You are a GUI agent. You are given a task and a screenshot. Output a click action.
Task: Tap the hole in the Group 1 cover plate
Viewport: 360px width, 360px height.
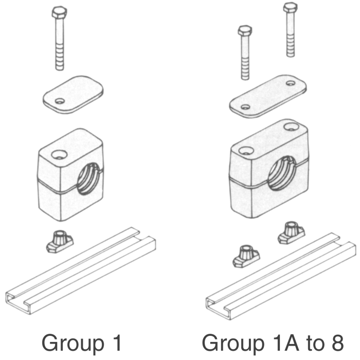(61, 101)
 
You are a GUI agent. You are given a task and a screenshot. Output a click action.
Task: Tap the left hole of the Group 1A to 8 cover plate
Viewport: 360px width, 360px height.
(246, 107)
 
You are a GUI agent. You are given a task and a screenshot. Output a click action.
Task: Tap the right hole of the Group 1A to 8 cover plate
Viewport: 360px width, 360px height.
(292, 83)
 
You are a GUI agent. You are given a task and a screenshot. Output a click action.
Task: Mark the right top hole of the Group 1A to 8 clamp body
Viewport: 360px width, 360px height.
(294, 125)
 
